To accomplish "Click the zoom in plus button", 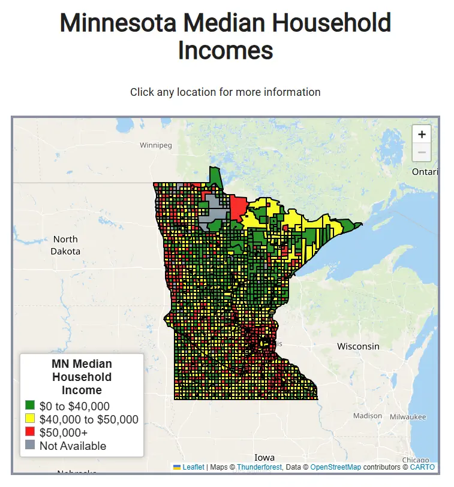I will click(x=422, y=135).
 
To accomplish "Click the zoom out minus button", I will click(x=422, y=153).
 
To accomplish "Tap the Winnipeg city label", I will click(x=155, y=146).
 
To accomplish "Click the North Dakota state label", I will click(x=65, y=246).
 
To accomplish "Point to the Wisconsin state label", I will click(x=358, y=346).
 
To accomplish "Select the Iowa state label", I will click(x=264, y=457).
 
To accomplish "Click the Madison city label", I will click(x=367, y=416).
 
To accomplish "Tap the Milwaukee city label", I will click(x=407, y=416).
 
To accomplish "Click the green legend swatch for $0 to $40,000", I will click(x=30, y=406).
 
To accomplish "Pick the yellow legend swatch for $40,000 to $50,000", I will click(x=30, y=419).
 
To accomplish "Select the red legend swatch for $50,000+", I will click(x=30, y=432).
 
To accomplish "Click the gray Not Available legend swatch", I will click(x=30, y=446).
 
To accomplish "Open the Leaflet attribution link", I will click(x=193, y=467).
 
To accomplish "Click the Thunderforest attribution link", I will click(x=259, y=467).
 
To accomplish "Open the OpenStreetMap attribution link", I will click(x=335, y=467).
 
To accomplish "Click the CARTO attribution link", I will click(x=422, y=467).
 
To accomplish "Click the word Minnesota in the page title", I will click(x=118, y=24).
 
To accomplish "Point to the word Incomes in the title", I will click(x=226, y=50).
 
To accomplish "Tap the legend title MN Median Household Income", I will click(x=82, y=377).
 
